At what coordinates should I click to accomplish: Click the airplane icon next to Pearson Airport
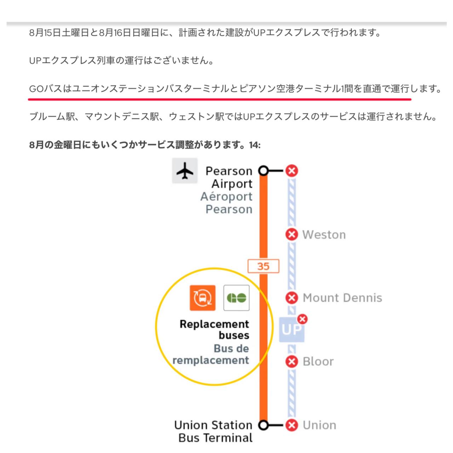click(184, 171)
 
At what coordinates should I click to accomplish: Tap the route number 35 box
click(263, 266)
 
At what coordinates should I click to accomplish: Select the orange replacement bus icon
click(202, 298)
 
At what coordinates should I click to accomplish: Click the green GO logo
click(236, 298)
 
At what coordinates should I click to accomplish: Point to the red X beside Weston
click(292, 234)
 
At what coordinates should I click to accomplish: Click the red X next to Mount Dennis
click(292, 298)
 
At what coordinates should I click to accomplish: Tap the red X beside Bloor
click(292, 361)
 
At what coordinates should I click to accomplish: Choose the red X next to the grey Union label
click(292, 425)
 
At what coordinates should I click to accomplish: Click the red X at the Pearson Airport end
click(292, 171)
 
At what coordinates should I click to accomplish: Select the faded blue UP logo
click(292, 329)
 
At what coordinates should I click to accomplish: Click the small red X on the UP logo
click(302, 319)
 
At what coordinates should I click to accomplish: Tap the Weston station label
click(324, 235)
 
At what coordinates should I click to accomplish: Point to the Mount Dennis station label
click(342, 298)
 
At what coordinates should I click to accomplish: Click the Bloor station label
click(318, 362)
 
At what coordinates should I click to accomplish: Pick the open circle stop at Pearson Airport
click(263, 171)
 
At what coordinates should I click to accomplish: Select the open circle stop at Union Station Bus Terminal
click(263, 425)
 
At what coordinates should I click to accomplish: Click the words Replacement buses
click(214, 329)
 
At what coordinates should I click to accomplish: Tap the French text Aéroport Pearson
click(226, 203)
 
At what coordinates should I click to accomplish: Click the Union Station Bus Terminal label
click(213, 431)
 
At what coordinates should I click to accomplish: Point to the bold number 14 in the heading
click(255, 145)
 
